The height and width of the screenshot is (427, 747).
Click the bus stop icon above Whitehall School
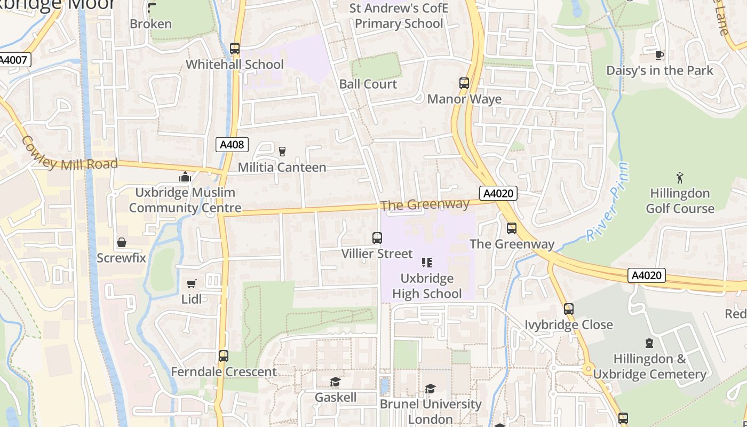coord(235,49)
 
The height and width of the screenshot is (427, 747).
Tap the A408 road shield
coord(232,144)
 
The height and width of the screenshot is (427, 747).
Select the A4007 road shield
coord(14,60)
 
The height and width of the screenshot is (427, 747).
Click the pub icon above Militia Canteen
coord(282,152)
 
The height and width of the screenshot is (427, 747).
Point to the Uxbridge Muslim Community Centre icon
coord(185,177)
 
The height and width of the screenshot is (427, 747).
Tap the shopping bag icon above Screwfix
coord(122,243)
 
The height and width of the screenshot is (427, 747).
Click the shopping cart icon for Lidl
coord(192,283)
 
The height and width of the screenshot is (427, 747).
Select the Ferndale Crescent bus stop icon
coord(224,356)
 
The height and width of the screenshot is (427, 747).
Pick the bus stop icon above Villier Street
coord(377,238)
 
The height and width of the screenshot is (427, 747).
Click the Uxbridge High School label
coord(427,286)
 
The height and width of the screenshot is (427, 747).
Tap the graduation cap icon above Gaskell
coord(335,382)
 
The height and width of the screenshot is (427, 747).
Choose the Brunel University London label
coord(430,412)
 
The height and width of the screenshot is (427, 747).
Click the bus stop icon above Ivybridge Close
coord(569,309)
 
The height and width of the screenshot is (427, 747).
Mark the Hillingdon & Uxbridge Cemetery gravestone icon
coord(649,343)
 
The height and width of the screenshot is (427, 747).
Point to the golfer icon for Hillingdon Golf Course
coord(680,177)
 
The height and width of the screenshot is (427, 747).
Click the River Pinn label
coord(608,202)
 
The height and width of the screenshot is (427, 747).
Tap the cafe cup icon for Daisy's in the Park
coord(659,55)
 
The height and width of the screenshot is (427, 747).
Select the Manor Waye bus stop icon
coord(464,83)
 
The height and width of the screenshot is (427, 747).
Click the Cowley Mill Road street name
coord(69,155)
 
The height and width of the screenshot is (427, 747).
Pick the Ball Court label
coord(368,84)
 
